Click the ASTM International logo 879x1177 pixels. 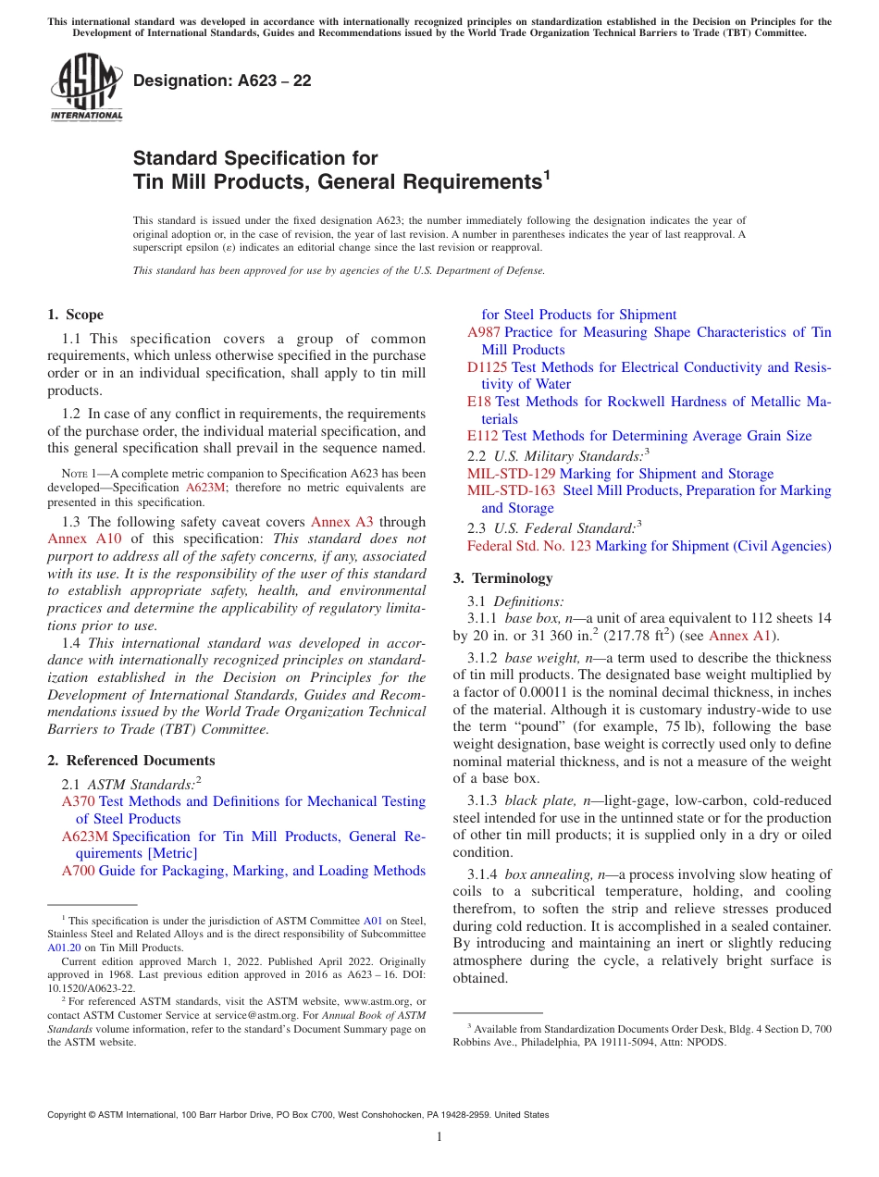pos(86,88)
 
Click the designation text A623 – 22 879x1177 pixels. pos(222,81)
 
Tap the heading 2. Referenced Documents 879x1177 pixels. pos(131,761)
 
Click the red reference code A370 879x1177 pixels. pos(78,801)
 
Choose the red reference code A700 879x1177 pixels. pos(78,871)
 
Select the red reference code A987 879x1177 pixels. pos(484,332)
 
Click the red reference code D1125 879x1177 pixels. pos(488,367)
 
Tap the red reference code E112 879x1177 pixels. pos(483,436)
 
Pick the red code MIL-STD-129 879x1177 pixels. pos(512,474)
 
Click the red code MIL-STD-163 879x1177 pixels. pos(512,490)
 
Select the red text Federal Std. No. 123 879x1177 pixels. pos(529,546)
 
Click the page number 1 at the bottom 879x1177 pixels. pos(439,1136)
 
